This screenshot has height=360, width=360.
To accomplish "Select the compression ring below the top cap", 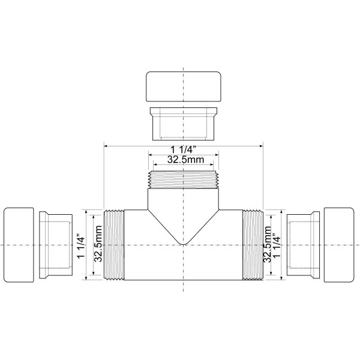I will click(183, 122).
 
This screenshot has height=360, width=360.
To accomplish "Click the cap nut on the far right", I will click(340, 245).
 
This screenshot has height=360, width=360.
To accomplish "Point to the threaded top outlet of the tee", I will click(183, 179).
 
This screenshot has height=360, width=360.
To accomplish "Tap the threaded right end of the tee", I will click(252, 245).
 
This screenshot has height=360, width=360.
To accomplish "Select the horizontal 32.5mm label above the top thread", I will click(183, 160).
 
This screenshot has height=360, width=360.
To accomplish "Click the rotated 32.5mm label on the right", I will click(268, 245).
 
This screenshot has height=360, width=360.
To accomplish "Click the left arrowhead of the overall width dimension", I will click(106, 145).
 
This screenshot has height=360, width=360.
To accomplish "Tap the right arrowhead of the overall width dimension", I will click(262, 145).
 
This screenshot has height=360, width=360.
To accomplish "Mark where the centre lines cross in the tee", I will click(183, 245).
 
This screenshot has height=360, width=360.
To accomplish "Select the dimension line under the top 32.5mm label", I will click(183, 165).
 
